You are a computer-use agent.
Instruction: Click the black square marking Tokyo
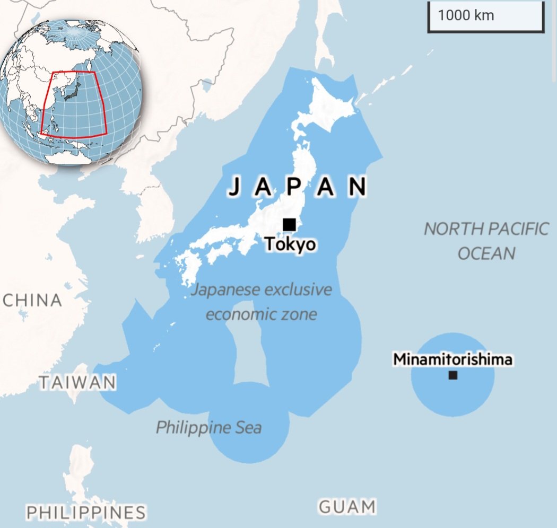click(x=289, y=224)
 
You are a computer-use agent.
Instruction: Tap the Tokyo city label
click(x=290, y=244)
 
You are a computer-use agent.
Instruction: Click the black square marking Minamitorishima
click(x=452, y=375)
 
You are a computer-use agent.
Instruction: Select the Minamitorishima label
click(x=452, y=359)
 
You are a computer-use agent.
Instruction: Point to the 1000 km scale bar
click(x=485, y=16)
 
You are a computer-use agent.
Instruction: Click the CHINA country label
click(x=32, y=300)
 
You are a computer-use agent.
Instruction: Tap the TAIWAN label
click(x=77, y=382)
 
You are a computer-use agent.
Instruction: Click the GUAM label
click(x=347, y=507)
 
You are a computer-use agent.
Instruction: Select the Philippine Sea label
click(x=208, y=427)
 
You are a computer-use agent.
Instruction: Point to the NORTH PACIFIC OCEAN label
click(x=486, y=241)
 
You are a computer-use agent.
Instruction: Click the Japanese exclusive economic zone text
click(x=262, y=302)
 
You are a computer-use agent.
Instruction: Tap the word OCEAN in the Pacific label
click(x=486, y=253)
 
